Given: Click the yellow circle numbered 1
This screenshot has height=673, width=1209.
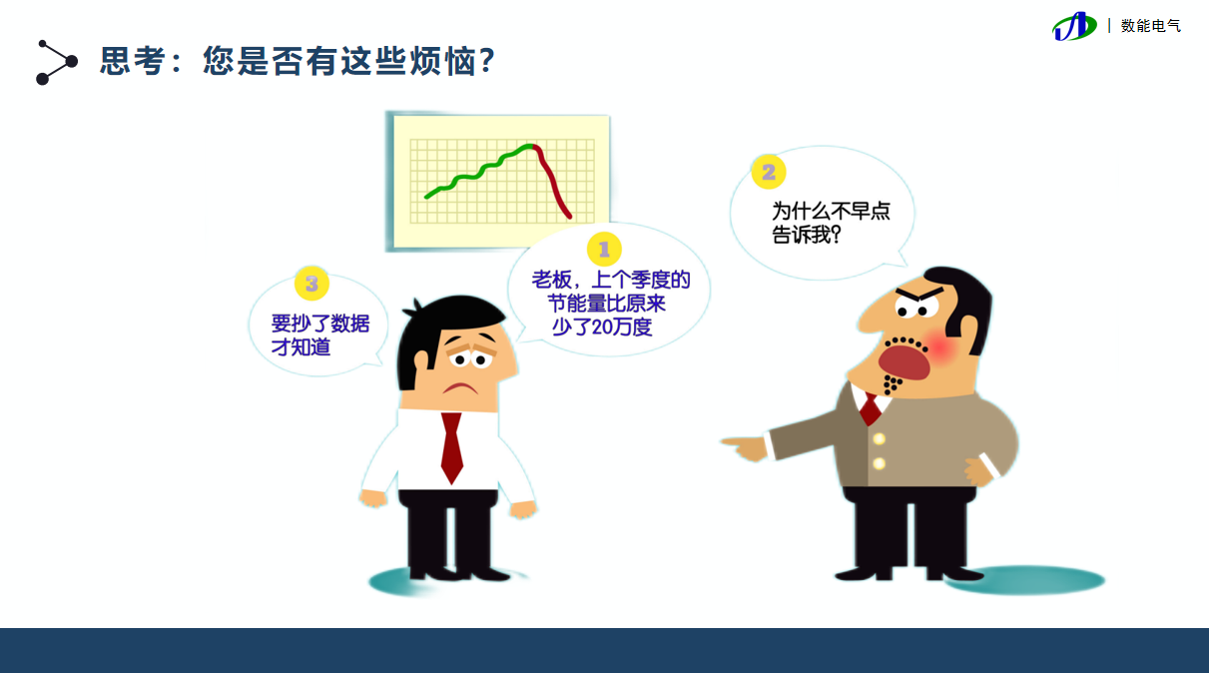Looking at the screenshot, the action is (604, 249).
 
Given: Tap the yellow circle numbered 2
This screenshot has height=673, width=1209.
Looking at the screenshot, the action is (769, 172).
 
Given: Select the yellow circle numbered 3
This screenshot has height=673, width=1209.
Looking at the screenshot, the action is (311, 284).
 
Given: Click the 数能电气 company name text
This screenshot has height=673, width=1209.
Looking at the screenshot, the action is (1151, 26).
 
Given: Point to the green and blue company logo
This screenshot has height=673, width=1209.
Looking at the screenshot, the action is (1074, 26).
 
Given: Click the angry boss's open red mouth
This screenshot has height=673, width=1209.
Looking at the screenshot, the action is (905, 362).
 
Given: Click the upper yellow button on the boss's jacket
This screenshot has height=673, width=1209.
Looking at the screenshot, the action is (879, 438).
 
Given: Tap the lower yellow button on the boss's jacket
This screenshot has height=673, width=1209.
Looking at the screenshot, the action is (879, 463).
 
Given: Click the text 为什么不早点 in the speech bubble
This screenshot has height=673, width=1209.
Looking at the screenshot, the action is (831, 211).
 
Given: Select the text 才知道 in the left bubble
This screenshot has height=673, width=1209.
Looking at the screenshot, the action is (301, 347).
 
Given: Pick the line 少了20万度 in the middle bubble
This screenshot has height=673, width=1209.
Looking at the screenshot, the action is (602, 327).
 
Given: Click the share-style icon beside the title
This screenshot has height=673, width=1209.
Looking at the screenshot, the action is (57, 62).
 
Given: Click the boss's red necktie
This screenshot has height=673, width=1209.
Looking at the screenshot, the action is (870, 409).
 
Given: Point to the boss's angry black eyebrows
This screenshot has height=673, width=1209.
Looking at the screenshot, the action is (918, 295).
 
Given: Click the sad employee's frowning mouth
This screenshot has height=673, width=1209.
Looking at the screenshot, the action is (460, 387).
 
